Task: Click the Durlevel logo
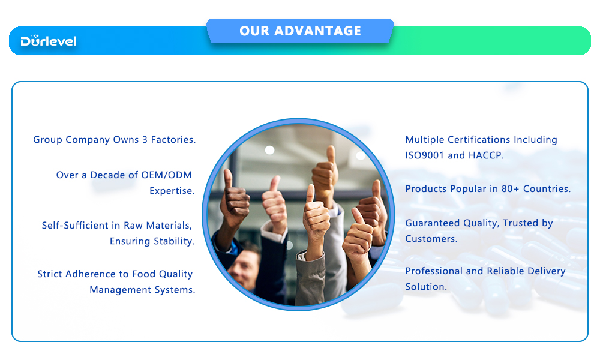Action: pyautogui.click(x=49, y=41)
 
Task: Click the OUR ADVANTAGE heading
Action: pyautogui.click(x=300, y=31)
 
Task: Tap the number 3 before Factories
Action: pyautogui.click(x=145, y=140)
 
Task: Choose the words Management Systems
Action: pyautogui.click(x=142, y=290)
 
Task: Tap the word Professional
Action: pyautogui.click(x=434, y=271)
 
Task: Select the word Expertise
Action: pyautogui.click(x=172, y=191)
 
